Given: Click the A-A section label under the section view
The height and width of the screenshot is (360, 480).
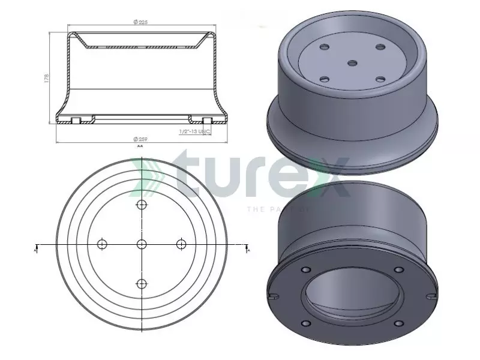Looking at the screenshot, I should [140, 146].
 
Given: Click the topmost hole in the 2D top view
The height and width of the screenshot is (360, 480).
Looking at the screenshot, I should [142, 205].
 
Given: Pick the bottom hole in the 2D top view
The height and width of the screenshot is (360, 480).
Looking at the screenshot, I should [142, 284].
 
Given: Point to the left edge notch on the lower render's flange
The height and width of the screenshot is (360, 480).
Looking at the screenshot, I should [274, 293].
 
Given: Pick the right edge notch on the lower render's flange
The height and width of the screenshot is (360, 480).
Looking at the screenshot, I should [431, 295].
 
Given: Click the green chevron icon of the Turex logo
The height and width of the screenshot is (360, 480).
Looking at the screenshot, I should [148, 177].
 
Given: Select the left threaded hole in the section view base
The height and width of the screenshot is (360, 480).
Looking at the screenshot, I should [76, 120].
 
